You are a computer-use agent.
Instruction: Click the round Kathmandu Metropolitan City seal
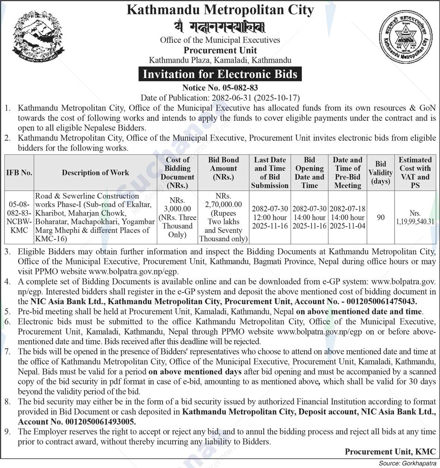pos(405,36)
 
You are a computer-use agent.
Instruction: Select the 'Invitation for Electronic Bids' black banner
pos(220,74)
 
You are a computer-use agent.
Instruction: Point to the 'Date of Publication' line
pos(220,98)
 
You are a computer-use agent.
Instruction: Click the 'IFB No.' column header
pos(19,173)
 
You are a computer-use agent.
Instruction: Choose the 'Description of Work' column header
pos(95,173)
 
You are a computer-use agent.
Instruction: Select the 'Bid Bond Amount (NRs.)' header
pos(224,168)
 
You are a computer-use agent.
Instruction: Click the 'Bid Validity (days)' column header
pos(380,173)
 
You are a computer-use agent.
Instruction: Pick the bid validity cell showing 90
pos(380,217)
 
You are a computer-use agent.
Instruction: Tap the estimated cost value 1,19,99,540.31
pos(415,222)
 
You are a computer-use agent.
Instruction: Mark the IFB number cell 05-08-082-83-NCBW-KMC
pos(19,217)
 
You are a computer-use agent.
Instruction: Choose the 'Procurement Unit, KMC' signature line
pos(390,452)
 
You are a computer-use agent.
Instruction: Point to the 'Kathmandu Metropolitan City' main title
pos(220,10)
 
